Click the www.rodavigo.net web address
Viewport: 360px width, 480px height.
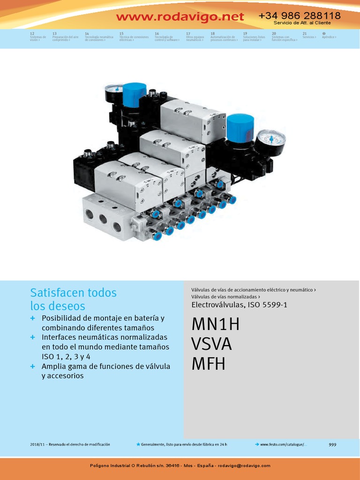180,17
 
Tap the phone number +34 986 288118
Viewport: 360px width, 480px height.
300,15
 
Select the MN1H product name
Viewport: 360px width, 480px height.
216,324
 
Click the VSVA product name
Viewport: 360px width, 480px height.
212,344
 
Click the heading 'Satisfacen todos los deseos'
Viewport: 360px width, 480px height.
73,299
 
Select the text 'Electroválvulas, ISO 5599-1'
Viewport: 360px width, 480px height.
239,305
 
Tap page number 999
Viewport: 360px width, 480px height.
332,444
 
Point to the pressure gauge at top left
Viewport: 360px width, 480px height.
113,94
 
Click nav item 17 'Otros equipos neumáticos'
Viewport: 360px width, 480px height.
195,37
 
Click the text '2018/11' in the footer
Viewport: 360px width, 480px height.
36,444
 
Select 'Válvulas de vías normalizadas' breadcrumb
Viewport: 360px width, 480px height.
225,297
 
